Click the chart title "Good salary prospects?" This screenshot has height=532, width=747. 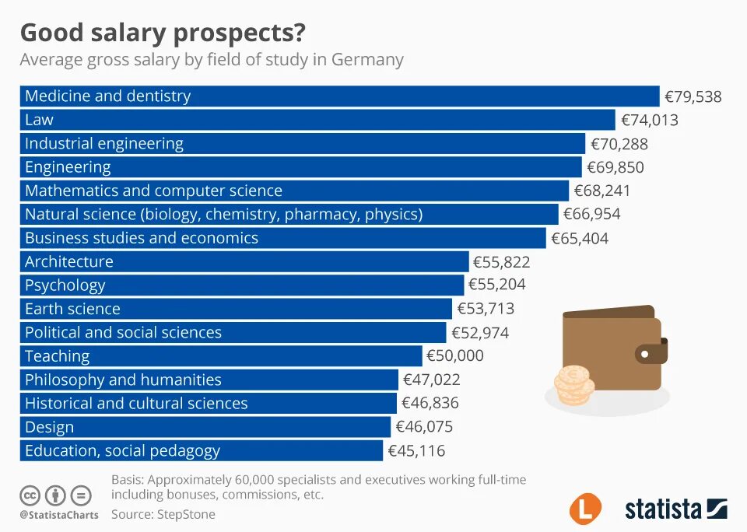tap(163, 33)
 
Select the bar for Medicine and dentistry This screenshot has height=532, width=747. tap(339, 96)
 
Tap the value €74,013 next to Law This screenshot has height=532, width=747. tap(649, 120)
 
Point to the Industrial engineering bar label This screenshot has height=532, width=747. tap(104, 143)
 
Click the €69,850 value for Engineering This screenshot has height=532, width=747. tap(615, 167)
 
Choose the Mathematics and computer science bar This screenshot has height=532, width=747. tap(294, 191)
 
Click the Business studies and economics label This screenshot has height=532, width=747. tap(142, 238)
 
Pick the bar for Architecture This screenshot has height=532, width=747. tap(244, 261)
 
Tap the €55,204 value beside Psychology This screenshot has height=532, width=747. tap(498, 285)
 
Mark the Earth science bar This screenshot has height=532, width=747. tap(235, 309)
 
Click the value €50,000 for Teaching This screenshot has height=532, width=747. tap(454, 356)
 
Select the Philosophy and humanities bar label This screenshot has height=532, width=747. tap(123, 380)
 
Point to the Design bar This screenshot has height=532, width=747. tap(205, 427)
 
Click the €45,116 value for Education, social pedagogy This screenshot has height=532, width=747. tap(416, 451)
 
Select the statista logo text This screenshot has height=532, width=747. tap(663, 509)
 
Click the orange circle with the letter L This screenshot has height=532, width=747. tap(585, 509)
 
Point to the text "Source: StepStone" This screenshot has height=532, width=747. tap(163, 514)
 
